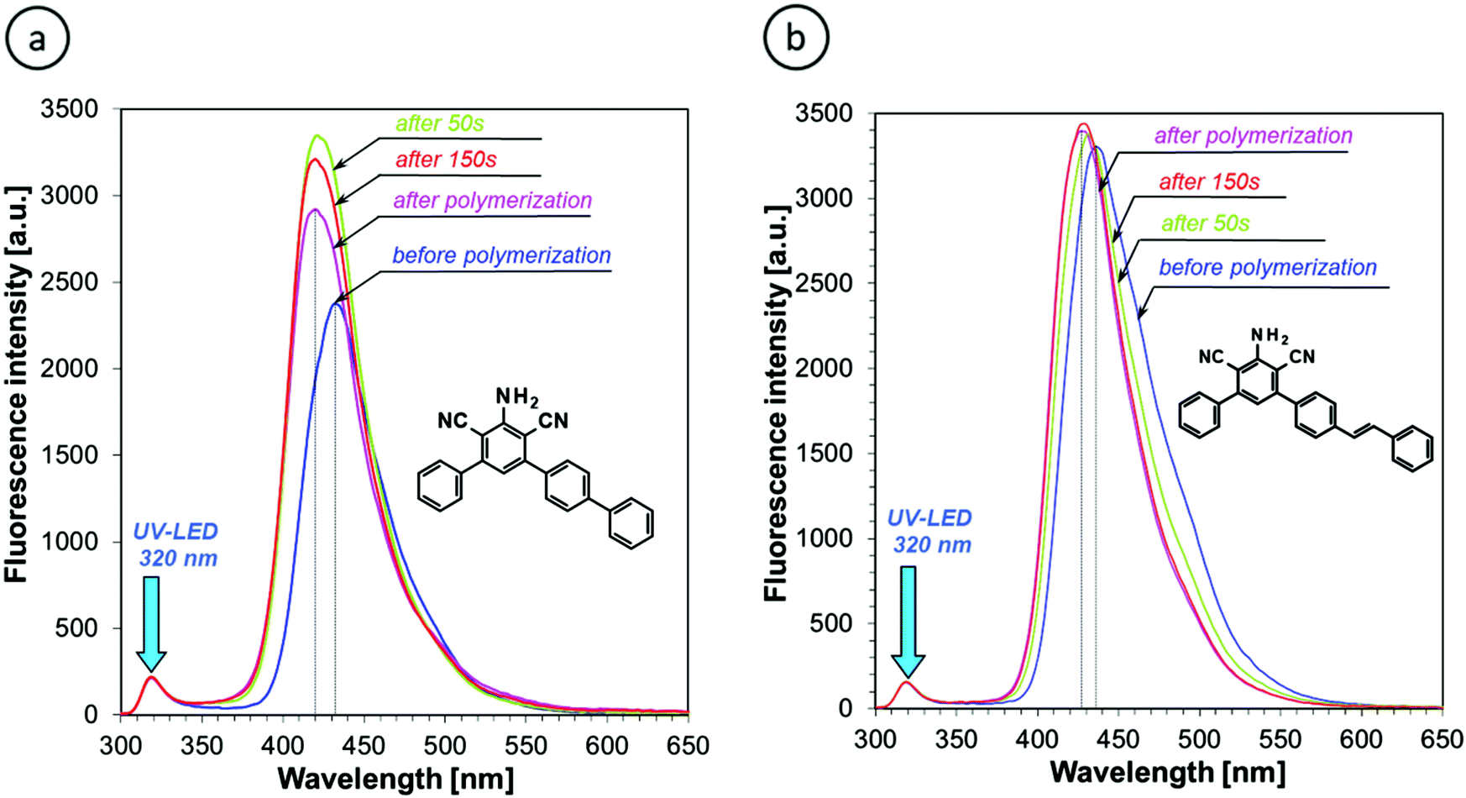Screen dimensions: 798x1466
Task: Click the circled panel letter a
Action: pyautogui.click(x=37, y=39)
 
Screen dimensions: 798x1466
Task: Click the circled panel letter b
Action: pyautogui.click(x=796, y=39)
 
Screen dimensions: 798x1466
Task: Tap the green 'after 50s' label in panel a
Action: pyautogui.click(x=440, y=123)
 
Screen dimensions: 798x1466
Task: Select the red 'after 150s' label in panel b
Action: pyautogui.click(x=1209, y=181)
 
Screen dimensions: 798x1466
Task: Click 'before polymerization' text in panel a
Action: pyautogui.click(x=501, y=255)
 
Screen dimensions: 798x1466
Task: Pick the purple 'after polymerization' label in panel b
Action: pyautogui.click(x=1253, y=135)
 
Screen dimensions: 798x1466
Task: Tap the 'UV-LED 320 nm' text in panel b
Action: pyautogui.click(x=930, y=531)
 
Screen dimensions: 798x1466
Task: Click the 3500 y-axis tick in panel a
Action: pyautogui.click(x=70, y=109)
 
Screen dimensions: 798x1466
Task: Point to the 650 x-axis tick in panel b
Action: pyautogui.click(x=1442, y=739)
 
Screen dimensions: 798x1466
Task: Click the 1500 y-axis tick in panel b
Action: pyautogui.click(x=825, y=454)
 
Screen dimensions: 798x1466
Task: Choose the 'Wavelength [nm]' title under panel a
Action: pyautogui.click(x=395, y=779)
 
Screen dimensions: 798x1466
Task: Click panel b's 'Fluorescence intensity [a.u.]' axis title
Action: pyautogui.click(x=777, y=403)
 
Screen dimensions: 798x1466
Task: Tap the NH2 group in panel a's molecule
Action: pyautogui.click(x=516, y=397)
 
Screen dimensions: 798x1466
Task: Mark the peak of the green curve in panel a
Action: pyautogui.click(x=317, y=135)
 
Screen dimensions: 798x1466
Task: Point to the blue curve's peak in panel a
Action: pyautogui.click(x=336, y=303)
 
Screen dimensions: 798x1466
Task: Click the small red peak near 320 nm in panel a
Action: pyautogui.click(x=151, y=677)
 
